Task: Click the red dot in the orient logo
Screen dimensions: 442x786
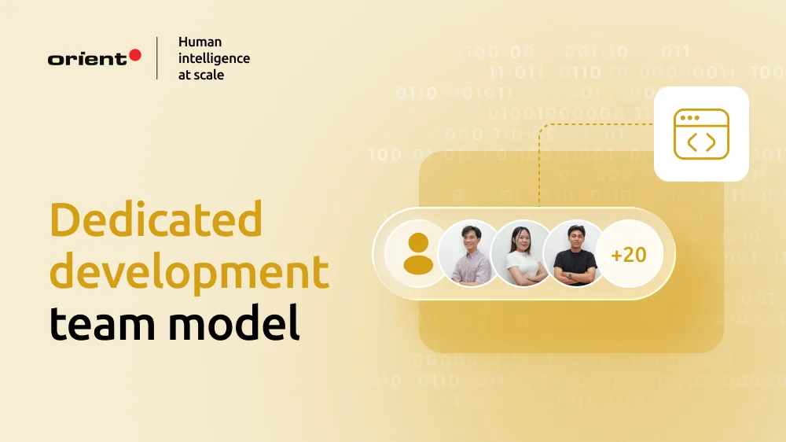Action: click(134, 55)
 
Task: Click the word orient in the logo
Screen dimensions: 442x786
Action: click(87, 59)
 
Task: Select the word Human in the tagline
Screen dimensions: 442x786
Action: click(200, 42)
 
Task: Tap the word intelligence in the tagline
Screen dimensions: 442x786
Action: click(214, 58)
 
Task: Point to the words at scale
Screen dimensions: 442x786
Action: click(201, 75)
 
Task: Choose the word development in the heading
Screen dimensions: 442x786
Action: click(189, 271)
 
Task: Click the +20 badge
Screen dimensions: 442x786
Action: click(629, 254)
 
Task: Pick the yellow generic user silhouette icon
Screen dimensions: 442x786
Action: click(417, 254)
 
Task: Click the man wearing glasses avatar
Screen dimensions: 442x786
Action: click(470, 253)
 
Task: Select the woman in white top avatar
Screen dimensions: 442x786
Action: click(523, 253)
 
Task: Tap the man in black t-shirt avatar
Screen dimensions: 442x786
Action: click(576, 253)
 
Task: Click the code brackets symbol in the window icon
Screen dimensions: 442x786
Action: click(701, 142)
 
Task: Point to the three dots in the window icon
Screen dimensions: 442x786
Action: click(689, 118)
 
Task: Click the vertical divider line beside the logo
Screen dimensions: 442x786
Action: click(157, 57)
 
